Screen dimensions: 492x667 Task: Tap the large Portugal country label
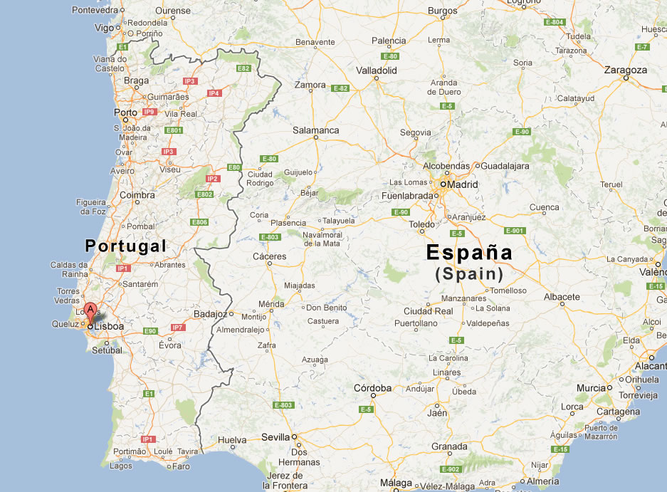coord(125,246)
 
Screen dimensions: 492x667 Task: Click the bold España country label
coord(469,253)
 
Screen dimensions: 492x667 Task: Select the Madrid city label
coord(463,184)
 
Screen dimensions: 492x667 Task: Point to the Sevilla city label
coord(275,437)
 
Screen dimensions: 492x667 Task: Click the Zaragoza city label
coord(626,70)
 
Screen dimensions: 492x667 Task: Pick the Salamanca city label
coord(316,130)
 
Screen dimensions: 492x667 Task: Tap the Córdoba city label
coord(373,388)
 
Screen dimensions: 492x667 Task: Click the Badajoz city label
coord(210,313)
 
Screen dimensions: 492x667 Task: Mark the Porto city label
coord(125,112)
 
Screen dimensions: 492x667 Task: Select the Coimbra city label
coord(137,194)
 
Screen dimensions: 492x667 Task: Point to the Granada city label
coord(449,446)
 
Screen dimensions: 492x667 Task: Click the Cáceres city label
coord(270,256)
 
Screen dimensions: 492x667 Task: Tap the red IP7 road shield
coord(177,328)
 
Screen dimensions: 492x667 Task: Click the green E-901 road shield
coord(514,230)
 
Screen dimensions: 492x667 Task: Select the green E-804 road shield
coord(554,22)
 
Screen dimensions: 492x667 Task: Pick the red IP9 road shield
coord(149,112)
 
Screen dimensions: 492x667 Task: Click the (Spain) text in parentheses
coord(469,273)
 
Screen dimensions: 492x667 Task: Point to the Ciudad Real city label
coord(429,311)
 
